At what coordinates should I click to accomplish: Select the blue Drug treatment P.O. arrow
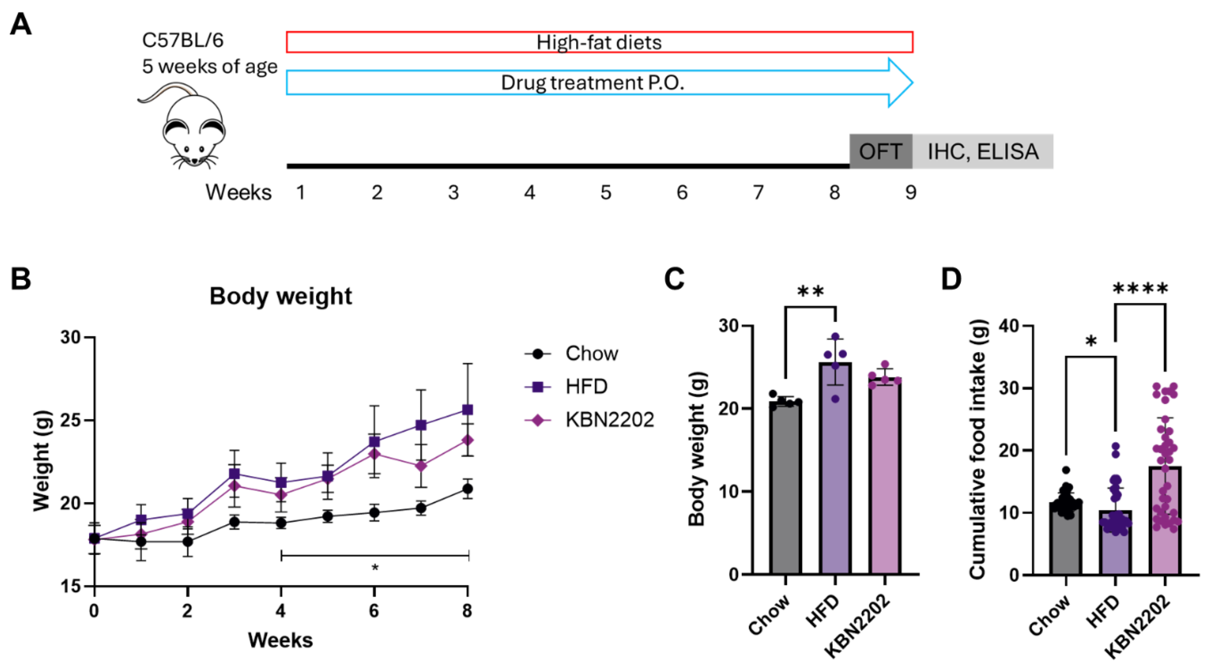592,83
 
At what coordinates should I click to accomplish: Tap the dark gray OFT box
880,152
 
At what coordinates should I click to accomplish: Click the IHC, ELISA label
983,152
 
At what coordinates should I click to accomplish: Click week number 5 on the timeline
606,193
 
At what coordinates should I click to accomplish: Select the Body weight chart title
281,296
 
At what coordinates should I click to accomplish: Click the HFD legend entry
586,386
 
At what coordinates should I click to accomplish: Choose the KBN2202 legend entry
609,419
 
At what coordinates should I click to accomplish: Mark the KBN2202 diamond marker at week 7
421,466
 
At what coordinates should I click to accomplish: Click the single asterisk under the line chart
375,567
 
